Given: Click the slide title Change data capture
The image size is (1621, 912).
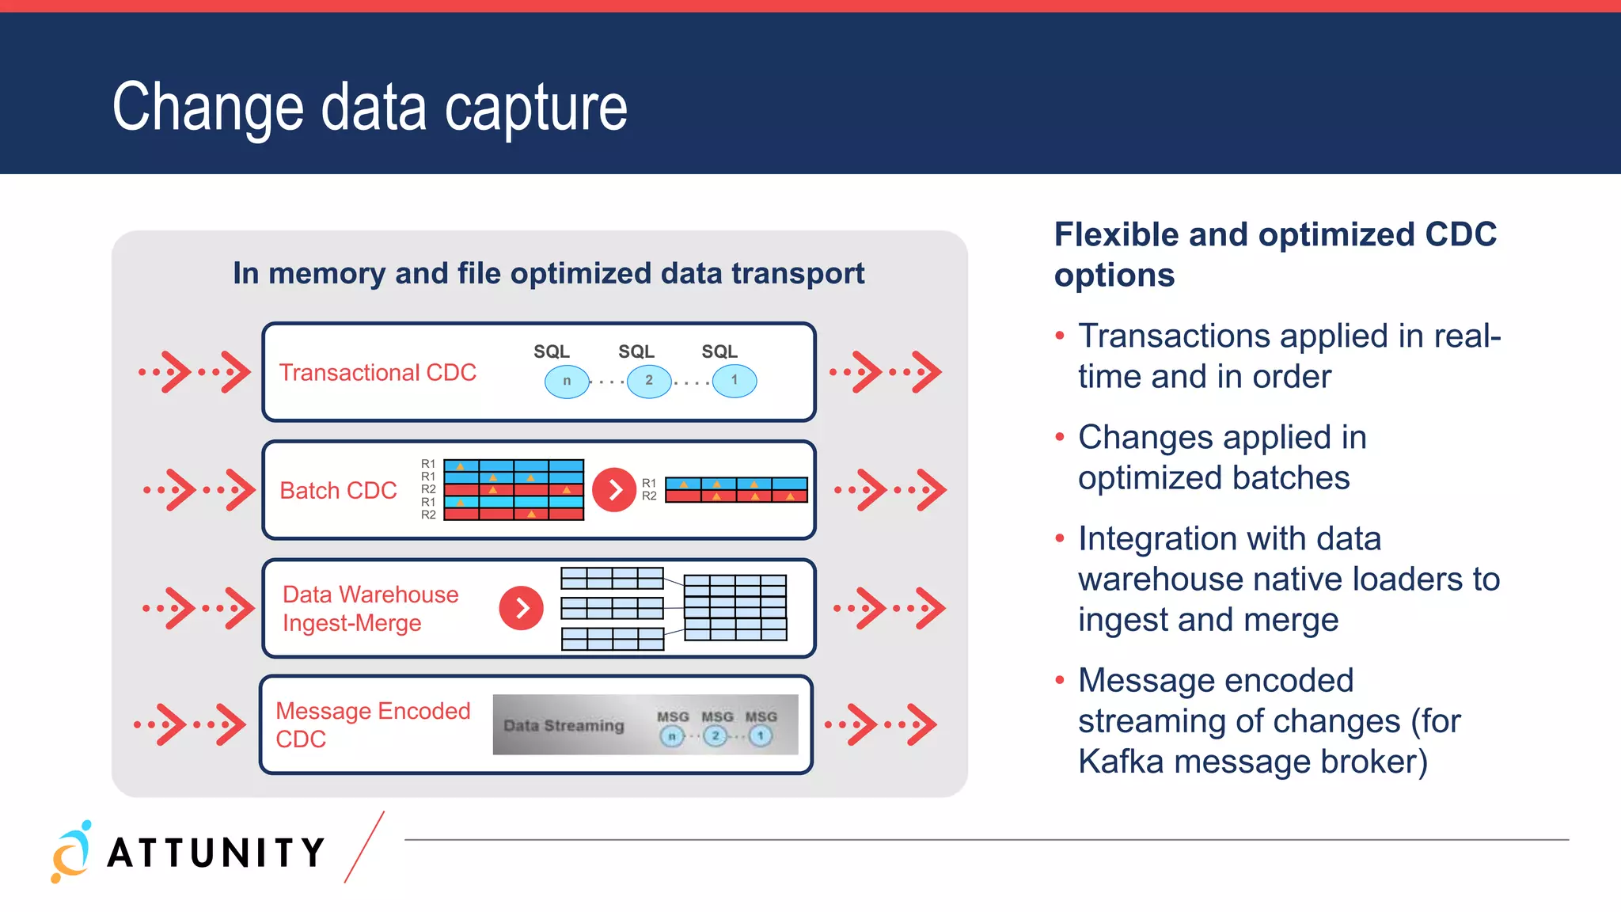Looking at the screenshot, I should [370, 107].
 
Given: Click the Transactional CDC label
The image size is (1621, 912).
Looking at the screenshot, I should [378, 372].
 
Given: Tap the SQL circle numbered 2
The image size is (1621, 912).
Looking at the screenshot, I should [649, 381].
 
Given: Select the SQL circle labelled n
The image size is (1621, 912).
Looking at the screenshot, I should [567, 381].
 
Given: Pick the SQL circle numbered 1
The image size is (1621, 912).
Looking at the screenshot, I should [735, 381].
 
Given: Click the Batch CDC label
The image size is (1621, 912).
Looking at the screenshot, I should [338, 491].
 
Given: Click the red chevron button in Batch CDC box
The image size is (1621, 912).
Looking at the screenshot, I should [614, 490].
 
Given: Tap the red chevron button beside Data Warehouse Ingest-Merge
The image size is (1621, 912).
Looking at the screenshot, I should [521, 608].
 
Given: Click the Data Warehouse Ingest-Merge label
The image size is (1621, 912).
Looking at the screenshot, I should [370, 608].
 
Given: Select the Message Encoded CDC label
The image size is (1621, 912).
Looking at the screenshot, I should [373, 724].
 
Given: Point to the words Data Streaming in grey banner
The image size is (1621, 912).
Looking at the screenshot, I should [564, 725].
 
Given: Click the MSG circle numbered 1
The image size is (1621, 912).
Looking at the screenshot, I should [761, 736].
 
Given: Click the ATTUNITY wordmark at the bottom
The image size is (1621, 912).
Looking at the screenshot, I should [216, 853].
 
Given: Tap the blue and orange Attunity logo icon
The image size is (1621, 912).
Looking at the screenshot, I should [71, 852].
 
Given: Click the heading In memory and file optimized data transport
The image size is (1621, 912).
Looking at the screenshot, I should [548, 273].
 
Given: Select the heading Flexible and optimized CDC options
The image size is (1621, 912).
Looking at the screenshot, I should [1274, 254].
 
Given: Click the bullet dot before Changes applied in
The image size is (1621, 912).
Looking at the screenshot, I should [1060, 437].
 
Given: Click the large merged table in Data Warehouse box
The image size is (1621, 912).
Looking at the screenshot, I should [735, 608].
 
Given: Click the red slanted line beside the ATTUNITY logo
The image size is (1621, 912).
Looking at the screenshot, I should [365, 846].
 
